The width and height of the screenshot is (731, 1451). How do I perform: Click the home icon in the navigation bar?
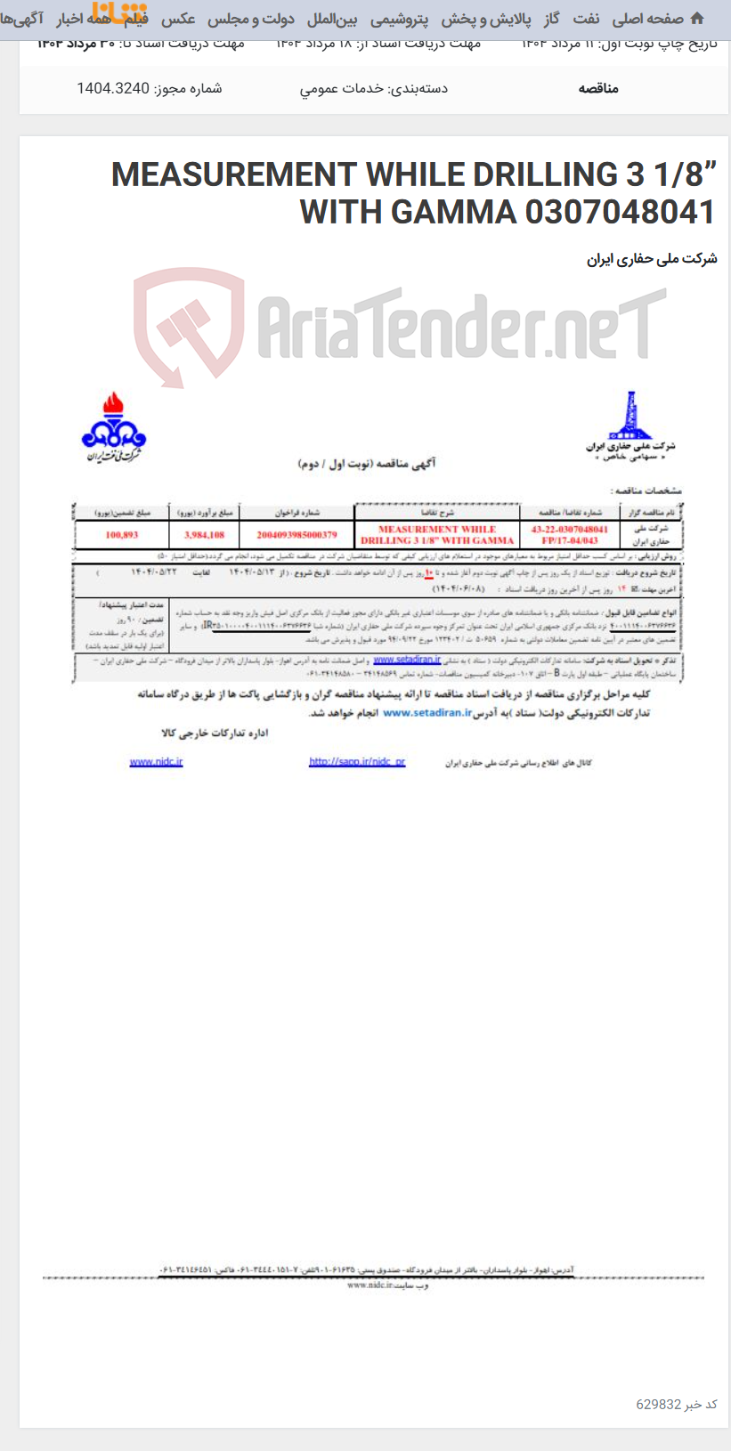697,18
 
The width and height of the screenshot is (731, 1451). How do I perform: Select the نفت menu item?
586,19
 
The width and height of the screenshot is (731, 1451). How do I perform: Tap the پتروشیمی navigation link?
399,19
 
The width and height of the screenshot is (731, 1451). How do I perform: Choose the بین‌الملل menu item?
332,19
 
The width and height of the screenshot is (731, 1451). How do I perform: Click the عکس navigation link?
178,19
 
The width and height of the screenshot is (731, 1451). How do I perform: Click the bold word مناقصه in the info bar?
598,88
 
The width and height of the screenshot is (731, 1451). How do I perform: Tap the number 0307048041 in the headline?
620,212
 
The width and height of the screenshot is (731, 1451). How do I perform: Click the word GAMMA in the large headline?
453,212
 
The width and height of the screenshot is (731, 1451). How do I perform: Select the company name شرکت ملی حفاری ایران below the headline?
652,259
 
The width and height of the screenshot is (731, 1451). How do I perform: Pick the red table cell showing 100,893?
121,535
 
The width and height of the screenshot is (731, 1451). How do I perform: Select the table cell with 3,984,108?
204,535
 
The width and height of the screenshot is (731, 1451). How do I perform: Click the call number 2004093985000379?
296,535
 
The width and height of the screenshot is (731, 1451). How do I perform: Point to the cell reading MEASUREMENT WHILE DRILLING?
437,534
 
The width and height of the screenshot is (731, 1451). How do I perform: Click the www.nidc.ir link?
156,762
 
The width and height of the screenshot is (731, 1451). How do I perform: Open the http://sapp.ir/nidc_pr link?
357,762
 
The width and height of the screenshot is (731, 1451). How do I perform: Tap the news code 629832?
658,1404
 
